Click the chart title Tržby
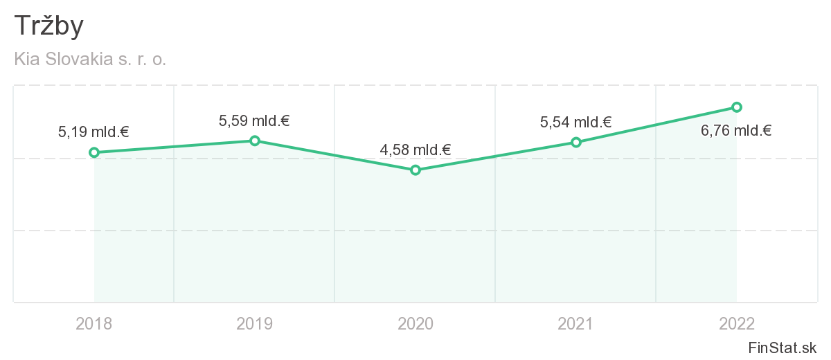pyautogui.click(x=49, y=26)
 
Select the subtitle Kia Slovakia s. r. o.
pyautogui.click(x=90, y=60)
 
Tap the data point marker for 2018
pyautogui.click(x=94, y=152)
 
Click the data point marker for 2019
pyautogui.click(x=255, y=141)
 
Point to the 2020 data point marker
pyautogui.click(x=415, y=170)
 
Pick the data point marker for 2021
pyautogui.click(x=576, y=142)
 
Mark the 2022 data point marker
pyautogui.click(x=737, y=107)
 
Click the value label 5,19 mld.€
pyautogui.click(x=93, y=132)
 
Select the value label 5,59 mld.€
pyautogui.click(x=254, y=121)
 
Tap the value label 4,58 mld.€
pyautogui.click(x=415, y=150)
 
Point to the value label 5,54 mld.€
pyautogui.click(x=575, y=123)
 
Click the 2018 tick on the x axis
pyautogui.click(x=94, y=323)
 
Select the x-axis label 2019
pyautogui.click(x=255, y=323)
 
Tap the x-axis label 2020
pyautogui.click(x=415, y=323)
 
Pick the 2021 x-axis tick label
pyautogui.click(x=576, y=323)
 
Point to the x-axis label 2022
pyautogui.click(x=737, y=323)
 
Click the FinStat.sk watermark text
pyautogui.click(x=783, y=347)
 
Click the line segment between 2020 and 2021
pyautogui.click(x=496, y=156)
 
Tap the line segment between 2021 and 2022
pyautogui.click(x=656, y=125)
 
